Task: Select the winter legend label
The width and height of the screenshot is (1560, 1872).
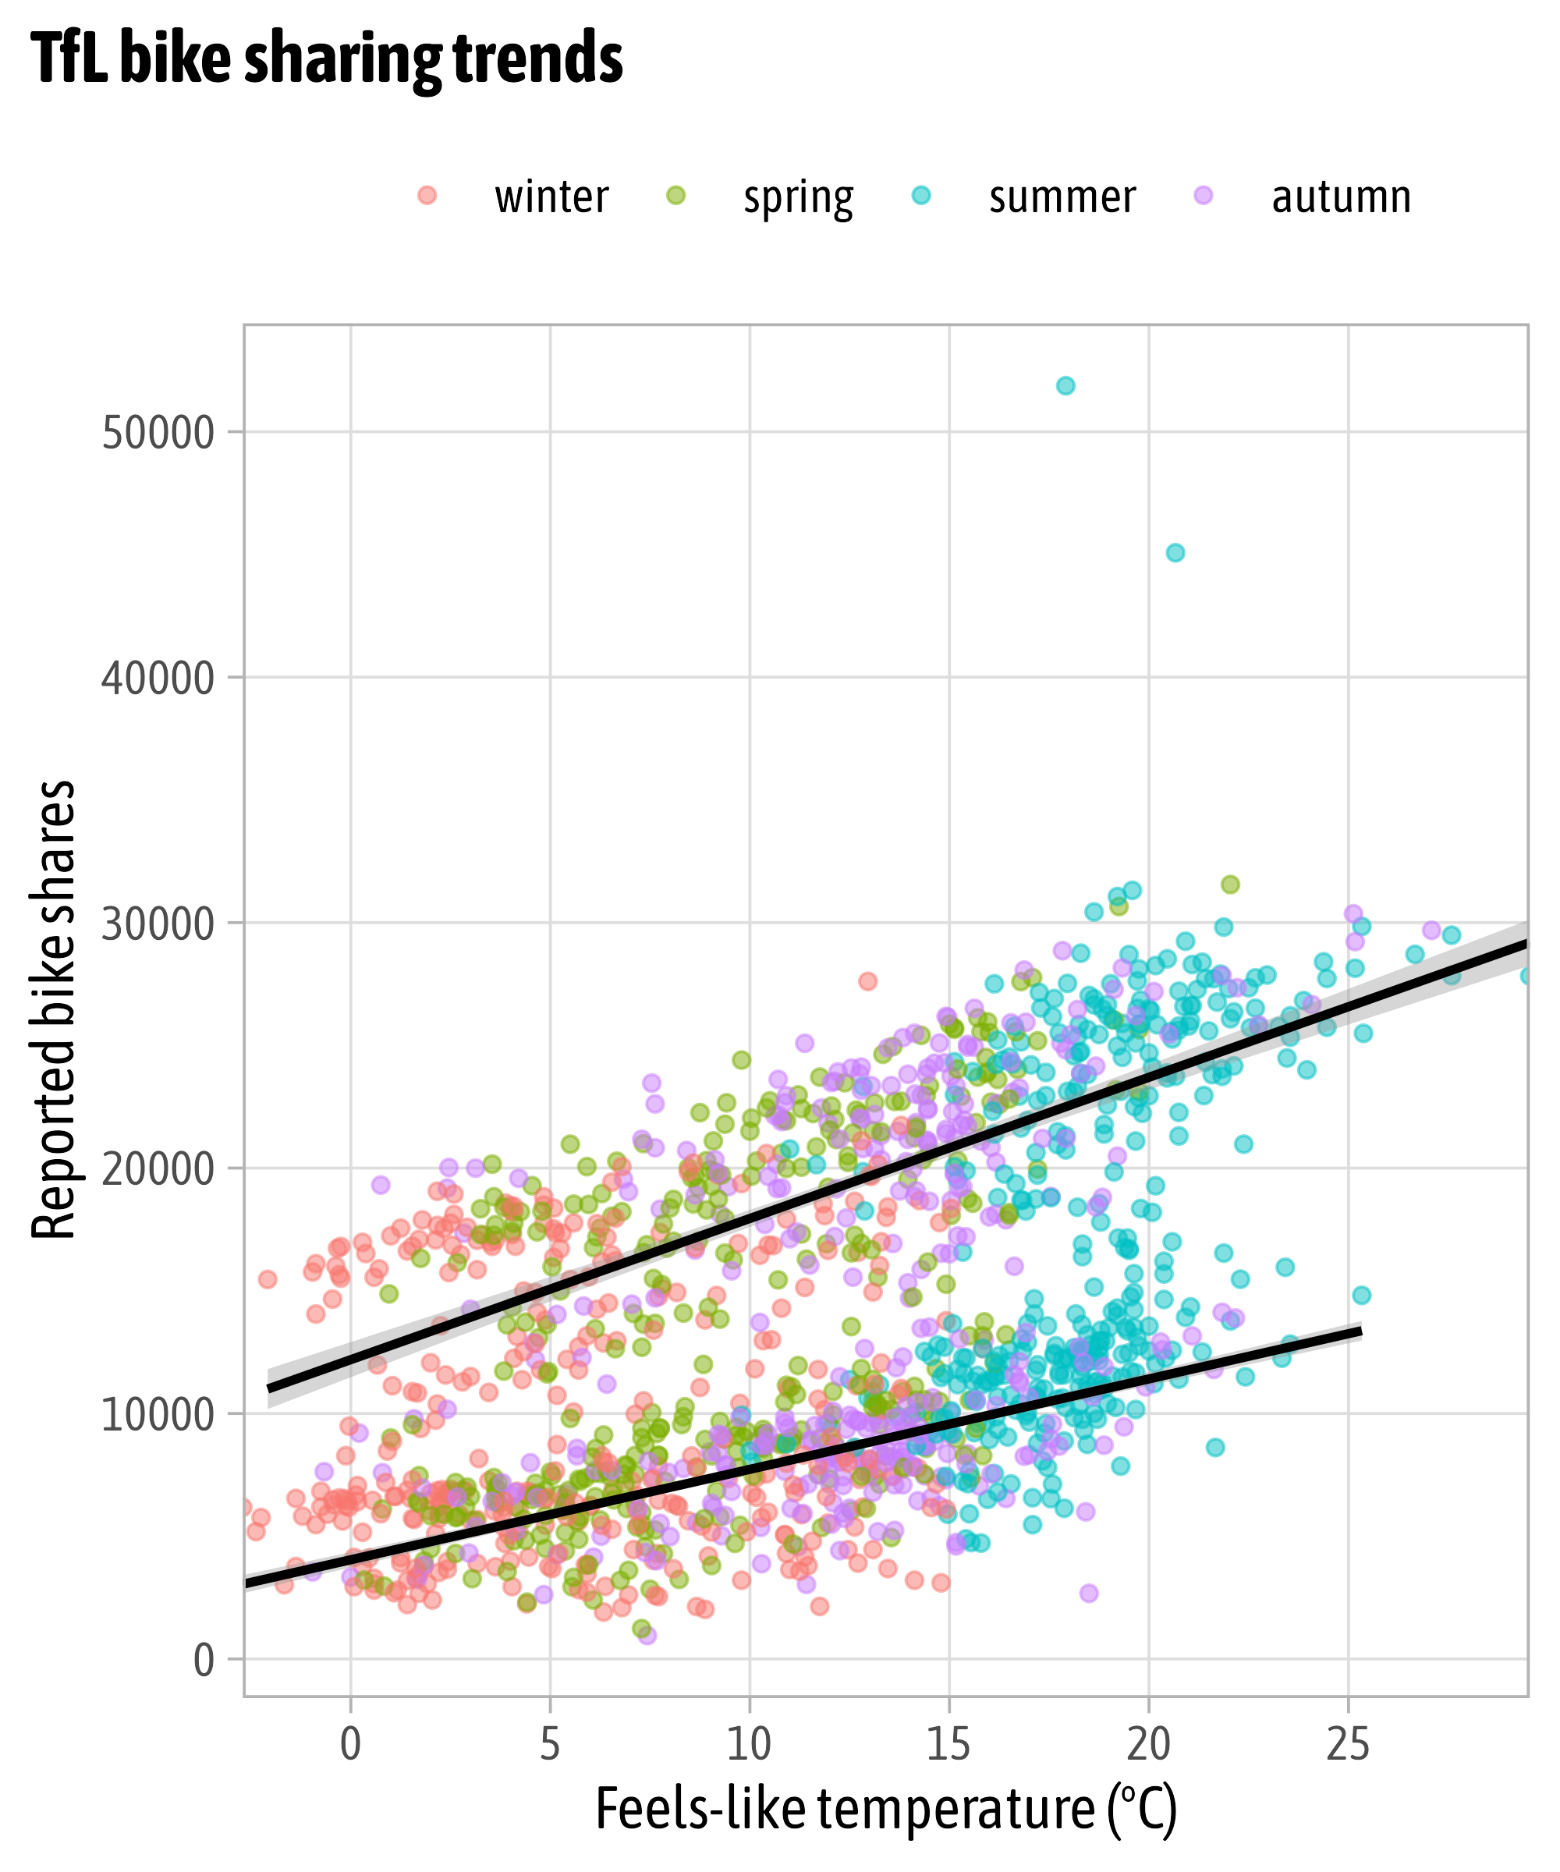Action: click(551, 197)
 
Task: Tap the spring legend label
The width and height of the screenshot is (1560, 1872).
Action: click(798, 197)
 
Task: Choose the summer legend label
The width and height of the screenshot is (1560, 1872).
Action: click(1062, 197)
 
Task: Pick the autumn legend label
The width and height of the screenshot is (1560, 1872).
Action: click(1341, 197)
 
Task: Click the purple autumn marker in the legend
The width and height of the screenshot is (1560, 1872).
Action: click(1204, 195)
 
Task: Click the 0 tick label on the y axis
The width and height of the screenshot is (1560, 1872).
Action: click(204, 1661)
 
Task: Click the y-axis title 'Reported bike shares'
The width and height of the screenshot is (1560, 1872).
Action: click(54, 1009)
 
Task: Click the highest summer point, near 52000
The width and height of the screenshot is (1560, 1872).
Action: click(1065, 386)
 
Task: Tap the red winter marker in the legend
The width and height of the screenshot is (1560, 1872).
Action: click(427, 195)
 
